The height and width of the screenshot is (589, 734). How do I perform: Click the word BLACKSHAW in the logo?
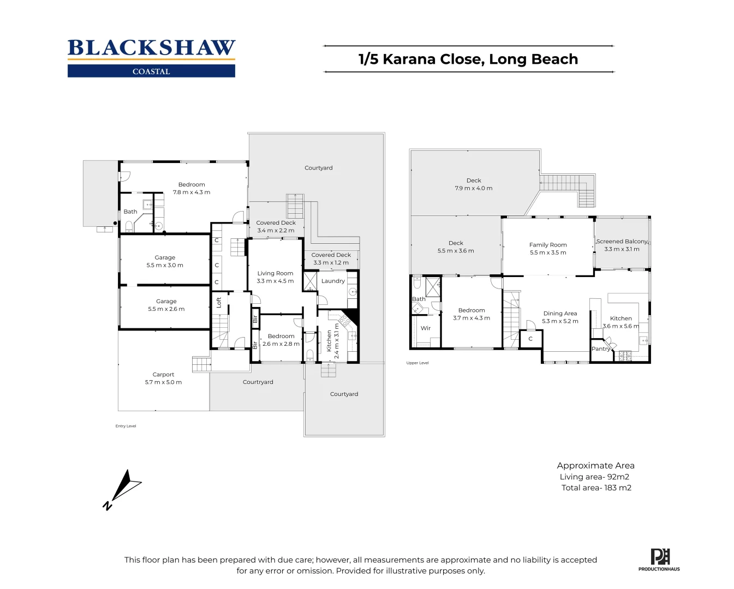[x=152, y=48]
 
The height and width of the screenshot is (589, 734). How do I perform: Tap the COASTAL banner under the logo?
[x=152, y=71]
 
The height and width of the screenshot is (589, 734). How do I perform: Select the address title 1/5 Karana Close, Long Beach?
[x=468, y=59]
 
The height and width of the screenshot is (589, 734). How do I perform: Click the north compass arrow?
[x=122, y=489]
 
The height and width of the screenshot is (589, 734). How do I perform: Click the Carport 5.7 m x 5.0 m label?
[x=163, y=378]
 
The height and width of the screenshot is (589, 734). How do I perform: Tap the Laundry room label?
[x=333, y=281]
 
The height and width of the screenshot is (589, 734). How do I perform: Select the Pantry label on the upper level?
[x=601, y=348]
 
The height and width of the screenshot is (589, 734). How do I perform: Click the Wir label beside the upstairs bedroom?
[x=425, y=328]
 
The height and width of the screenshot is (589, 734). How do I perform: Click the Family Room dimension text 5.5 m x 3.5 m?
[x=548, y=253]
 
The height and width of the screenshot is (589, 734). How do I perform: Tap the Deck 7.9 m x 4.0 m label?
[x=474, y=184]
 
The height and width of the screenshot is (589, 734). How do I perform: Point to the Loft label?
[x=219, y=302]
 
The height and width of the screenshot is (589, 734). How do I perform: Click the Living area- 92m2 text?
[x=594, y=477]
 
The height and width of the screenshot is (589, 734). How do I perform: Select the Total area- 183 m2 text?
[x=596, y=488]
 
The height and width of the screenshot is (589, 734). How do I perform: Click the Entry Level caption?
[x=126, y=426]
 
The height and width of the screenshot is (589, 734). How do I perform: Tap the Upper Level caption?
[x=417, y=363]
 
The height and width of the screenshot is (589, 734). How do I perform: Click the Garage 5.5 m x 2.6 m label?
[x=166, y=305]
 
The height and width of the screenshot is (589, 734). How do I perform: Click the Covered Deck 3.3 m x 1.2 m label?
[x=331, y=259]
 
